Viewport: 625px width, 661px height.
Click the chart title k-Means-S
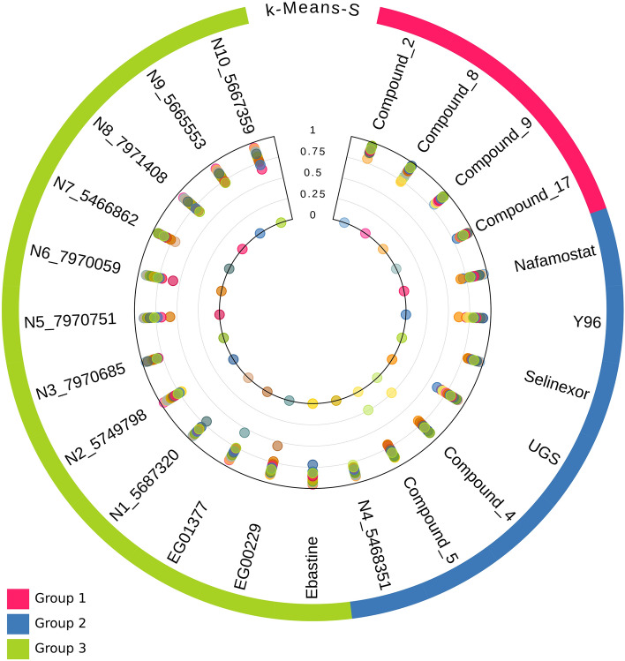coord(312,13)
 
